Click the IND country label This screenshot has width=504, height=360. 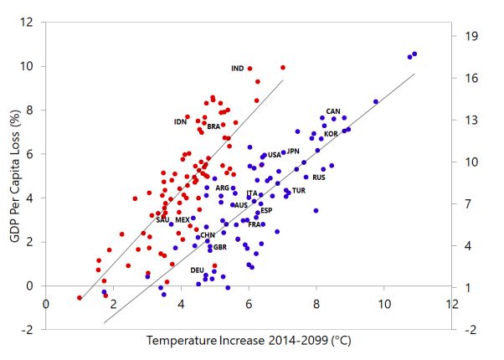tap(237, 69)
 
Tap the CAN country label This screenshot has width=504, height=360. tap(333, 111)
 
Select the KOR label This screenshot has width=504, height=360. tap(331, 134)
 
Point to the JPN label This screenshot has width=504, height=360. tap(293, 152)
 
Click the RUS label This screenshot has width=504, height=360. tap(319, 177)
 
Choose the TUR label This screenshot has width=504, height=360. tap(299, 191)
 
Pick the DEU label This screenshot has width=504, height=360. tap(197, 270)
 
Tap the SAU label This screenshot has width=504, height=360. tap(162, 220)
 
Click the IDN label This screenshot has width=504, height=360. tap(180, 122)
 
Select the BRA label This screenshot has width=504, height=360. tap(213, 127)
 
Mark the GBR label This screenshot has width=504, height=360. tap(220, 248)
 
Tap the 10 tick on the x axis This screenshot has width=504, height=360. tap(384, 304)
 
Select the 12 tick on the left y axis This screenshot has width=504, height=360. tap(32, 22)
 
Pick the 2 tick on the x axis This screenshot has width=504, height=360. tap(113, 304)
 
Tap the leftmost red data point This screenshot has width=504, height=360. tap(80, 297)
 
